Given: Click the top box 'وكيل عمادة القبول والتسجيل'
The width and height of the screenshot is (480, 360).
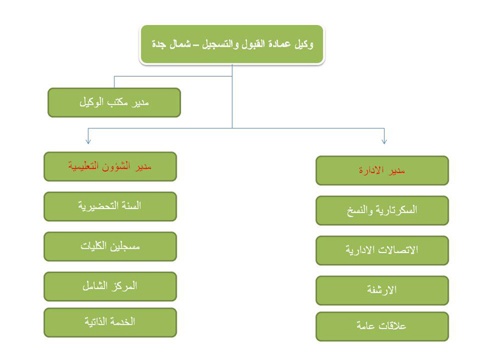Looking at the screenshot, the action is (232, 44).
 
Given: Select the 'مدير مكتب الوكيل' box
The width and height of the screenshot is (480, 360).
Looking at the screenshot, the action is (114, 102).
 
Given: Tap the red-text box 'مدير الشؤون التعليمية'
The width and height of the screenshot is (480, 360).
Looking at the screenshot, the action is (110, 166).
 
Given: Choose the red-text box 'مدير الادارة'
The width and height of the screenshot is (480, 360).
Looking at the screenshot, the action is (382, 170).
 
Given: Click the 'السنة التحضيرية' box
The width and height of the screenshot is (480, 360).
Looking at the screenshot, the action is (110, 207).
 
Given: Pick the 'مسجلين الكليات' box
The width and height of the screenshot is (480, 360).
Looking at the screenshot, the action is (110, 247).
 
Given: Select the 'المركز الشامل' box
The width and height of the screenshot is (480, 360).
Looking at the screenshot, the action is (110, 286).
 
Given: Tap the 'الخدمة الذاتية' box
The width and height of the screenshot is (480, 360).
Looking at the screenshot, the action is (110, 322).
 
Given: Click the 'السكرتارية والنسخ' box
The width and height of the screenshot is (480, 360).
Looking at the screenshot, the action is (382, 210).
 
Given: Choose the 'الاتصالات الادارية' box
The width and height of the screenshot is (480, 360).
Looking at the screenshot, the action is (382, 251).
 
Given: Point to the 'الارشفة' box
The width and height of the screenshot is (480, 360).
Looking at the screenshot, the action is (382, 290).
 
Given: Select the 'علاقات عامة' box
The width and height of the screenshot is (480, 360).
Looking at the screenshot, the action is (382, 326).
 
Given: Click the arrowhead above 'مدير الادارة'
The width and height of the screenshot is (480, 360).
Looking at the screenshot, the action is (384, 141).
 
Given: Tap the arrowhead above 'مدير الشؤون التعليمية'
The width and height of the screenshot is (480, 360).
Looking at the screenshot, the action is (88, 141).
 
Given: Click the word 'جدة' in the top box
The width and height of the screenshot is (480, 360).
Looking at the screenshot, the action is (158, 45).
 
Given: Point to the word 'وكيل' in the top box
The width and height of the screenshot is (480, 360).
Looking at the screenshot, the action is (303, 44).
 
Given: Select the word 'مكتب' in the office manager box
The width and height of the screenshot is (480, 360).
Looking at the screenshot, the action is (117, 102).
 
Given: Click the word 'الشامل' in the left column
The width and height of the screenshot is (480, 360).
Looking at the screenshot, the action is (95, 286).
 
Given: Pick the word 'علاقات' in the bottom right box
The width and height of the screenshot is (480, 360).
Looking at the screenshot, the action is (392, 325).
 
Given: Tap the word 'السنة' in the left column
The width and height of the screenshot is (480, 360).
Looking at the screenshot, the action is (131, 205).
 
